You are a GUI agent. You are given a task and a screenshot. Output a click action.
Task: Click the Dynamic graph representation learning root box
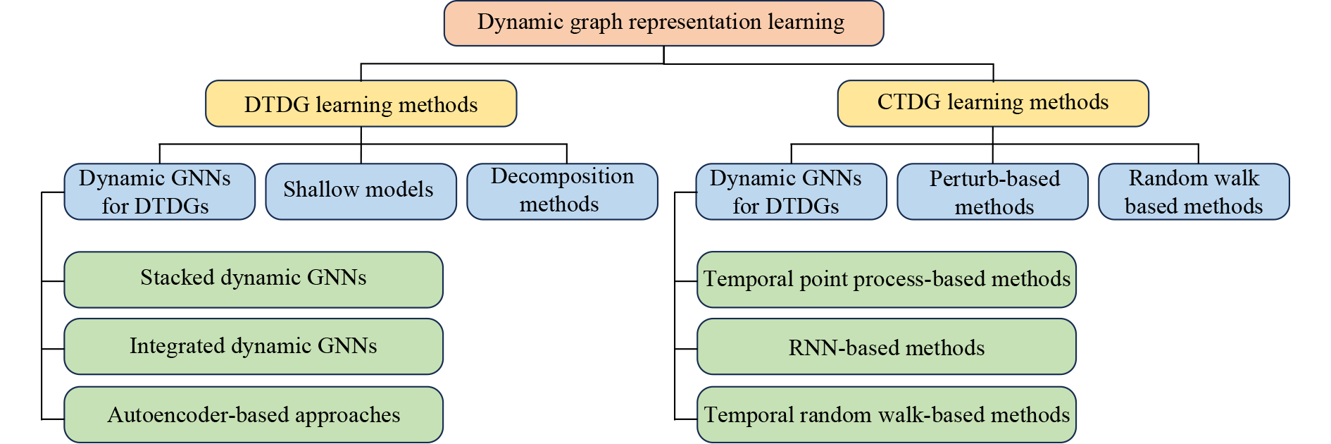tap(663, 23)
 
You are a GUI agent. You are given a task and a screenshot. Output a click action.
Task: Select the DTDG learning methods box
tap(361, 104)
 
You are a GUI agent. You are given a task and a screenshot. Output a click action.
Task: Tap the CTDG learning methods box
tap(992, 103)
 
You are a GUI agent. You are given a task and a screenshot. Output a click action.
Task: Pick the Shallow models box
tap(361, 191)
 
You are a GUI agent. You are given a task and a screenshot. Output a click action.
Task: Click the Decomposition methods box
tap(562, 191)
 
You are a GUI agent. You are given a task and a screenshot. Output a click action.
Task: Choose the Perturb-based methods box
tap(992, 192)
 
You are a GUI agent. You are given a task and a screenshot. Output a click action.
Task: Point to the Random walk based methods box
tap(1194, 192)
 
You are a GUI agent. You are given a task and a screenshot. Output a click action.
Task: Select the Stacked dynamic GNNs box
tap(254, 279)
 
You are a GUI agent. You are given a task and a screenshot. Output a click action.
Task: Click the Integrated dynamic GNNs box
tap(254, 347)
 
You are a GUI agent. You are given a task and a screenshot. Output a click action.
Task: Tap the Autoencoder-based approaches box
tap(254, 414)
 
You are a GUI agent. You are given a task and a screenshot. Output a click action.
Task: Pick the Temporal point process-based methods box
tap(886, 279)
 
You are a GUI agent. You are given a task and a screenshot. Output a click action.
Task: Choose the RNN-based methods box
tap(886, 347)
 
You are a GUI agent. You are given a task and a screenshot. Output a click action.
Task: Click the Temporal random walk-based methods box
tap(886, 414)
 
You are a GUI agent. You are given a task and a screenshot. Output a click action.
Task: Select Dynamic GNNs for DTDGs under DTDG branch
tap(159, 192)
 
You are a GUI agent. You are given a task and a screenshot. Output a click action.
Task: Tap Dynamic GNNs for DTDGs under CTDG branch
tap(790, 192)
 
